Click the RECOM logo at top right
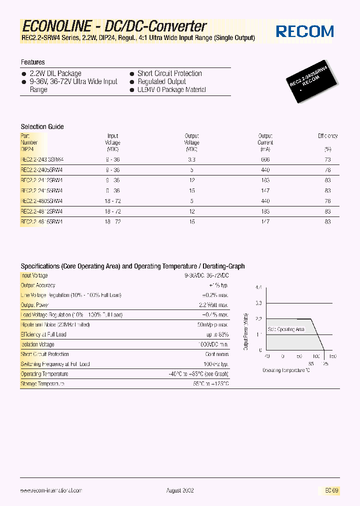[x=304, y=31]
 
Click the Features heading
[x=32, y=62]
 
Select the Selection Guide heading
[x=42, y=126]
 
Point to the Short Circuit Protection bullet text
[x=169, y=73]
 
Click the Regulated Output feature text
[x=161, y=81]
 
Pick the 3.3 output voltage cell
[x=191, y=159]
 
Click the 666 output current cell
[x=265, y=159]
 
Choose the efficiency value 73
[x=327, y=159]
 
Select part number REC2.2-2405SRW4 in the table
[x=41, y=170]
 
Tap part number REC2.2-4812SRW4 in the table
[x=41, y=211]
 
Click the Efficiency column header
[x=327, y=136]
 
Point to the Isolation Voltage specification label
[x=37, y=344]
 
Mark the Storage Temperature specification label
[x=42, y=383]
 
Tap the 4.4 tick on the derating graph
[x=258, y=287]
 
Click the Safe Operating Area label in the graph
[x=286, y=329]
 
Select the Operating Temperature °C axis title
[x=286, y=370]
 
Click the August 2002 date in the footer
[x=180, y=491]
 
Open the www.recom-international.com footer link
[x=51, y=491]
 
